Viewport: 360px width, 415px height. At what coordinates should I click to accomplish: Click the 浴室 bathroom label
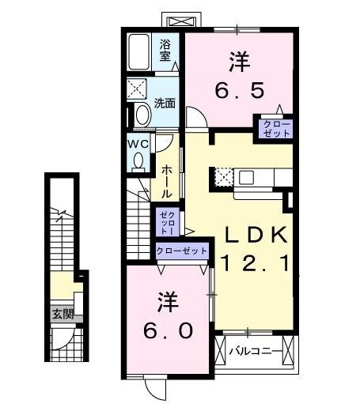(165, 51)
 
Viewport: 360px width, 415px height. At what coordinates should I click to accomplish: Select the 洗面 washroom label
(165, 103)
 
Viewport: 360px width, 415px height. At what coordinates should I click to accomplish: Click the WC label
(139, 143)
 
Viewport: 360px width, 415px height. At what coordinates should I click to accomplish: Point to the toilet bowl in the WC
(139, 160)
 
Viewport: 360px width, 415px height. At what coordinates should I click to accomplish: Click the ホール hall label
(168, 183)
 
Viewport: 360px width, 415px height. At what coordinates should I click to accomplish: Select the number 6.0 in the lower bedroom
(167, 330)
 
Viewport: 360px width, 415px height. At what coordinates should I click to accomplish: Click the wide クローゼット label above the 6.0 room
(182, 251)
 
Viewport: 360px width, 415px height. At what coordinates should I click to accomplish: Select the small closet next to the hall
(167, 221)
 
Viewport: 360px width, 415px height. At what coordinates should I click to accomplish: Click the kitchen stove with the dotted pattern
(224, 176)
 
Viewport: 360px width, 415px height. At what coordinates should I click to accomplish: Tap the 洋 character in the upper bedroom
(238, 60)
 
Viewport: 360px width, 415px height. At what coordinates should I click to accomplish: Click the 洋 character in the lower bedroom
(166, 301)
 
